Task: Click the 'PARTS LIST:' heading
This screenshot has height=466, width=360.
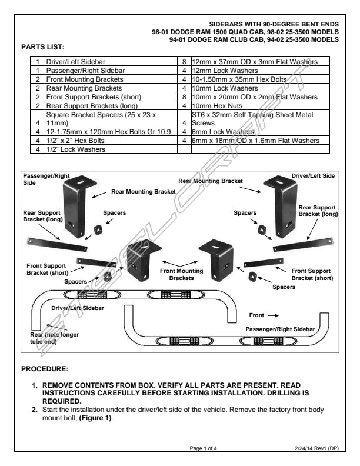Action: (42, 46)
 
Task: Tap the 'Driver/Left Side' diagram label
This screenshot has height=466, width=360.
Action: (313, 175)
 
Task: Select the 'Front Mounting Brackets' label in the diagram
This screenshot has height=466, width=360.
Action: (182, 274)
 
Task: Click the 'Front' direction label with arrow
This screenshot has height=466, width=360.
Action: (263, 315)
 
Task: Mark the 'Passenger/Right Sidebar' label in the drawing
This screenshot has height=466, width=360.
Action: (280, 329)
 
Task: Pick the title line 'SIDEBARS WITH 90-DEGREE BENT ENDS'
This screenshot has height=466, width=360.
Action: (274, 24)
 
